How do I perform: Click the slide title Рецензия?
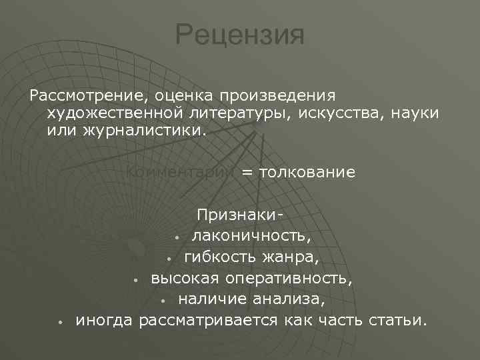(x=240, y=35)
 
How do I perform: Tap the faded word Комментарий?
(x=180, y=173)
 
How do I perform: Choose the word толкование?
(x=307, y=173)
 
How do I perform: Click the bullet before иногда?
(x=60, y=322)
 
